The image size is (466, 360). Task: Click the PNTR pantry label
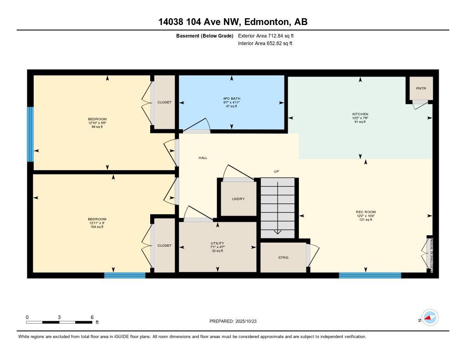(421, 88)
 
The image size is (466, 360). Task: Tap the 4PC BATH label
(232, 98)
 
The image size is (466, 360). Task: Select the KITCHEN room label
(360, 114)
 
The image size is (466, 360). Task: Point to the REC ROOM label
(366, 212)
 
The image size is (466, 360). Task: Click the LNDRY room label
(238, 199)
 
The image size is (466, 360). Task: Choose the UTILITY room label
(217, 243)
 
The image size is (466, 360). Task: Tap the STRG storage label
(283, 258)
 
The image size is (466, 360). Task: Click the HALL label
(203, 158)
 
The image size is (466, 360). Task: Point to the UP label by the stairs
(276, 172)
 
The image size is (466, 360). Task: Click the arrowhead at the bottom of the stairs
(277, 232)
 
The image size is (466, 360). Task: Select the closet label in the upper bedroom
(164, 102)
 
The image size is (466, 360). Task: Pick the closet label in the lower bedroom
(164, 246)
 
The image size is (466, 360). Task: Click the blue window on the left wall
(30, 134)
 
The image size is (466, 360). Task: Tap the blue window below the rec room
(370, 275)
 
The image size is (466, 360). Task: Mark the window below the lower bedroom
(125, 275)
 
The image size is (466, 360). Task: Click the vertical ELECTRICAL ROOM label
(432, 255)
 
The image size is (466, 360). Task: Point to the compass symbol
(430, 318)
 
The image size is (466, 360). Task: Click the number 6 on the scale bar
(92, 317)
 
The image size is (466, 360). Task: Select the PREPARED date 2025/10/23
(246, 321)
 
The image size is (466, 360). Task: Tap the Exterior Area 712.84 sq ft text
(266, 35)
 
